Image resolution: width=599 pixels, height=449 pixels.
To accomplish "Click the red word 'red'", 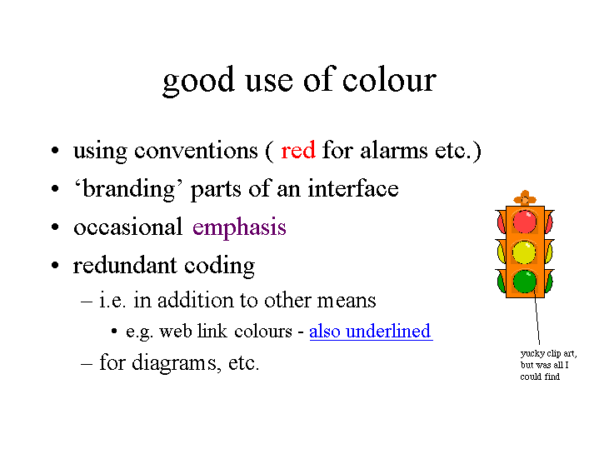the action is coord(298,150).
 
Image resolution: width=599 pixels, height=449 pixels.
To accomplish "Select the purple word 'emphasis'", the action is coord(239,227).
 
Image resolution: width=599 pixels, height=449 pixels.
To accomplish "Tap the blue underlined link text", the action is coord(371,332).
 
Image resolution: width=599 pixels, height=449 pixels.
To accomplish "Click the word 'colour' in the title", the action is coord(389,80).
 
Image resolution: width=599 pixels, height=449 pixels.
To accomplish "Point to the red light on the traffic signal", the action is coord(524,222).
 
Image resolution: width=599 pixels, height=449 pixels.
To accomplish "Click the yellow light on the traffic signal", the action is coord(524,252).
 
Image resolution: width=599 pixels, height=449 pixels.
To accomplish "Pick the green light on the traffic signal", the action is coord(525,282).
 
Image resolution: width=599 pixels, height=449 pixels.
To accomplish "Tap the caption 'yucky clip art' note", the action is coord(548,365).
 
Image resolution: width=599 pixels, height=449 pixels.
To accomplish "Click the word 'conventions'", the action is coord(196,151).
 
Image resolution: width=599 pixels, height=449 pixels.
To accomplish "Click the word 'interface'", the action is coord(353,188).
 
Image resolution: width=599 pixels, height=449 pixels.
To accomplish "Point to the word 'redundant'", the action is coord(125,265).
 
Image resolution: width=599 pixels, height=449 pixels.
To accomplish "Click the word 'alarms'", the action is coord(394,150).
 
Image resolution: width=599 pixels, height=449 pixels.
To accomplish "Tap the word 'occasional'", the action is coord(128,227).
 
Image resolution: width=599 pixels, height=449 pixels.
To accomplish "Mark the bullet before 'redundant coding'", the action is coord(55,265).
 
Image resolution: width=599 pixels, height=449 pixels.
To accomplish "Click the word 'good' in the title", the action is coord(198,82).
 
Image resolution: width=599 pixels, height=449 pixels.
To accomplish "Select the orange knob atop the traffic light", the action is coord(525,198).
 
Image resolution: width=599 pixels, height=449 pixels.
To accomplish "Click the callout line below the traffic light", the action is coord(537,321).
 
